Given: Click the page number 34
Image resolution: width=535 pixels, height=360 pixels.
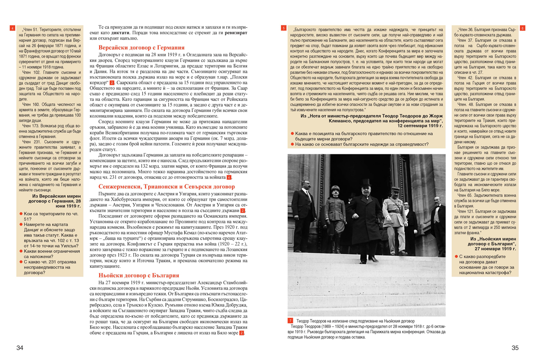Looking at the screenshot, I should [x=20, y=348].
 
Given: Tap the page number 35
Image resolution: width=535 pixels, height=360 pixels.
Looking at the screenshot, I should [x=515, y=348].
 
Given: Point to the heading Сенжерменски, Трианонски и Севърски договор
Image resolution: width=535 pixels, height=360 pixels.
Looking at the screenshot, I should [x=163, y=187].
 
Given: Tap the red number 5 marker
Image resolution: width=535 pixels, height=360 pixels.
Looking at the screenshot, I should [x=284, y=28].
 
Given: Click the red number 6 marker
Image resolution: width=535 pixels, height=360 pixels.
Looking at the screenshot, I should [x=523, y=28].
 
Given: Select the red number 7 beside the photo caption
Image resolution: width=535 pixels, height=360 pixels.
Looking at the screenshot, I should [x=290, y=321].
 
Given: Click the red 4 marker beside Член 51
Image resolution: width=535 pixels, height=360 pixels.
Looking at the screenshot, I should [x=12, y=28].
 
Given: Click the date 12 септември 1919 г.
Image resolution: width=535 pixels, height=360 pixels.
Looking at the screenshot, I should [x=420, y=126].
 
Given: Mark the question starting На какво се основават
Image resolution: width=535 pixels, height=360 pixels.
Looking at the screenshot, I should [x=361, y=144].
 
